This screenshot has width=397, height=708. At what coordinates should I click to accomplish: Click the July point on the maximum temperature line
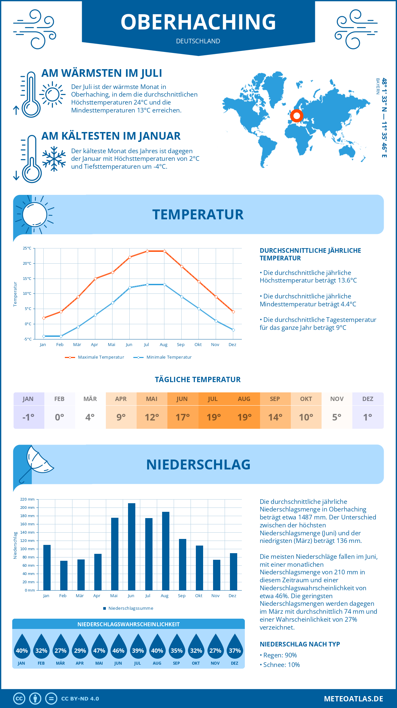coord(147,251)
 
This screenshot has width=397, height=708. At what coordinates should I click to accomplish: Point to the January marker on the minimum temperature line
coord(44,336)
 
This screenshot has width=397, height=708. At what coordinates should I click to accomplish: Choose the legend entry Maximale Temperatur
coord(95,357)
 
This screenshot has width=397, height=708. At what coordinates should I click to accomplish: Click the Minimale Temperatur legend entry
coord(163,357)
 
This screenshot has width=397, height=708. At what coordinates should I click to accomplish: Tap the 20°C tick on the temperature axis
coord(27,263)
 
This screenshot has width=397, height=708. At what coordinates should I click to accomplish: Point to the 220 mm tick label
coord(27,499)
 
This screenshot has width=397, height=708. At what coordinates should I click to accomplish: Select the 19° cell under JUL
coord(213,417)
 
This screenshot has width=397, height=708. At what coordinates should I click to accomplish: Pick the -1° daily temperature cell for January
coord(28,417)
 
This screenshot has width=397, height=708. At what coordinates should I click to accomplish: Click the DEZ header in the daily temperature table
coord(368,399)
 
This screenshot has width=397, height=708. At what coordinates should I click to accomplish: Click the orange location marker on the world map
coord(296,116)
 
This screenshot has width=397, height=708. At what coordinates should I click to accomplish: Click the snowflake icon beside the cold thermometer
coord(54,159)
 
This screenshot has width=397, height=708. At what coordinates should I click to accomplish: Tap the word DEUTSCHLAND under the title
coord(198,41)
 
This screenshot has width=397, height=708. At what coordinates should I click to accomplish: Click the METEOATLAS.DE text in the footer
coord(353,699)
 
